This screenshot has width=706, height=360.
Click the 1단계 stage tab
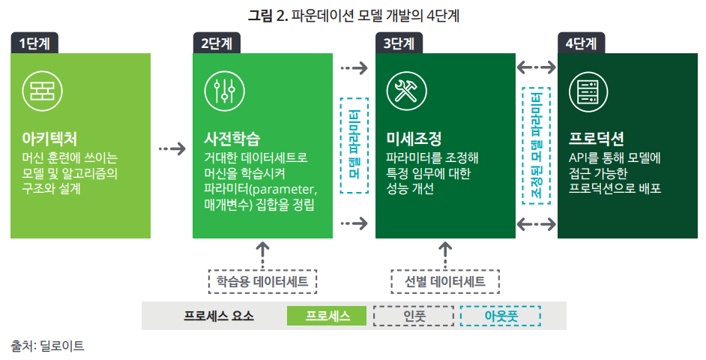coord(34,43)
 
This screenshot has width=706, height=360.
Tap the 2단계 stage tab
coord(216,43)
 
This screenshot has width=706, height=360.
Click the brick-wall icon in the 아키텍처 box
coord(37,90)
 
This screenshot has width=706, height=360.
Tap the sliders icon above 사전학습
coord(220,91)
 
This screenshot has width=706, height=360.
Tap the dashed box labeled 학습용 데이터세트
coord(262,282)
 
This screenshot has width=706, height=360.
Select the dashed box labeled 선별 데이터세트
coord(445,282)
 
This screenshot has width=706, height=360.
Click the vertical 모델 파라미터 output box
coord(354,144)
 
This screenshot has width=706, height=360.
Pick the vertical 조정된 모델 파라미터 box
coord(536,144)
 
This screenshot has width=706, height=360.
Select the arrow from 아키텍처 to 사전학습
coord(172,148)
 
